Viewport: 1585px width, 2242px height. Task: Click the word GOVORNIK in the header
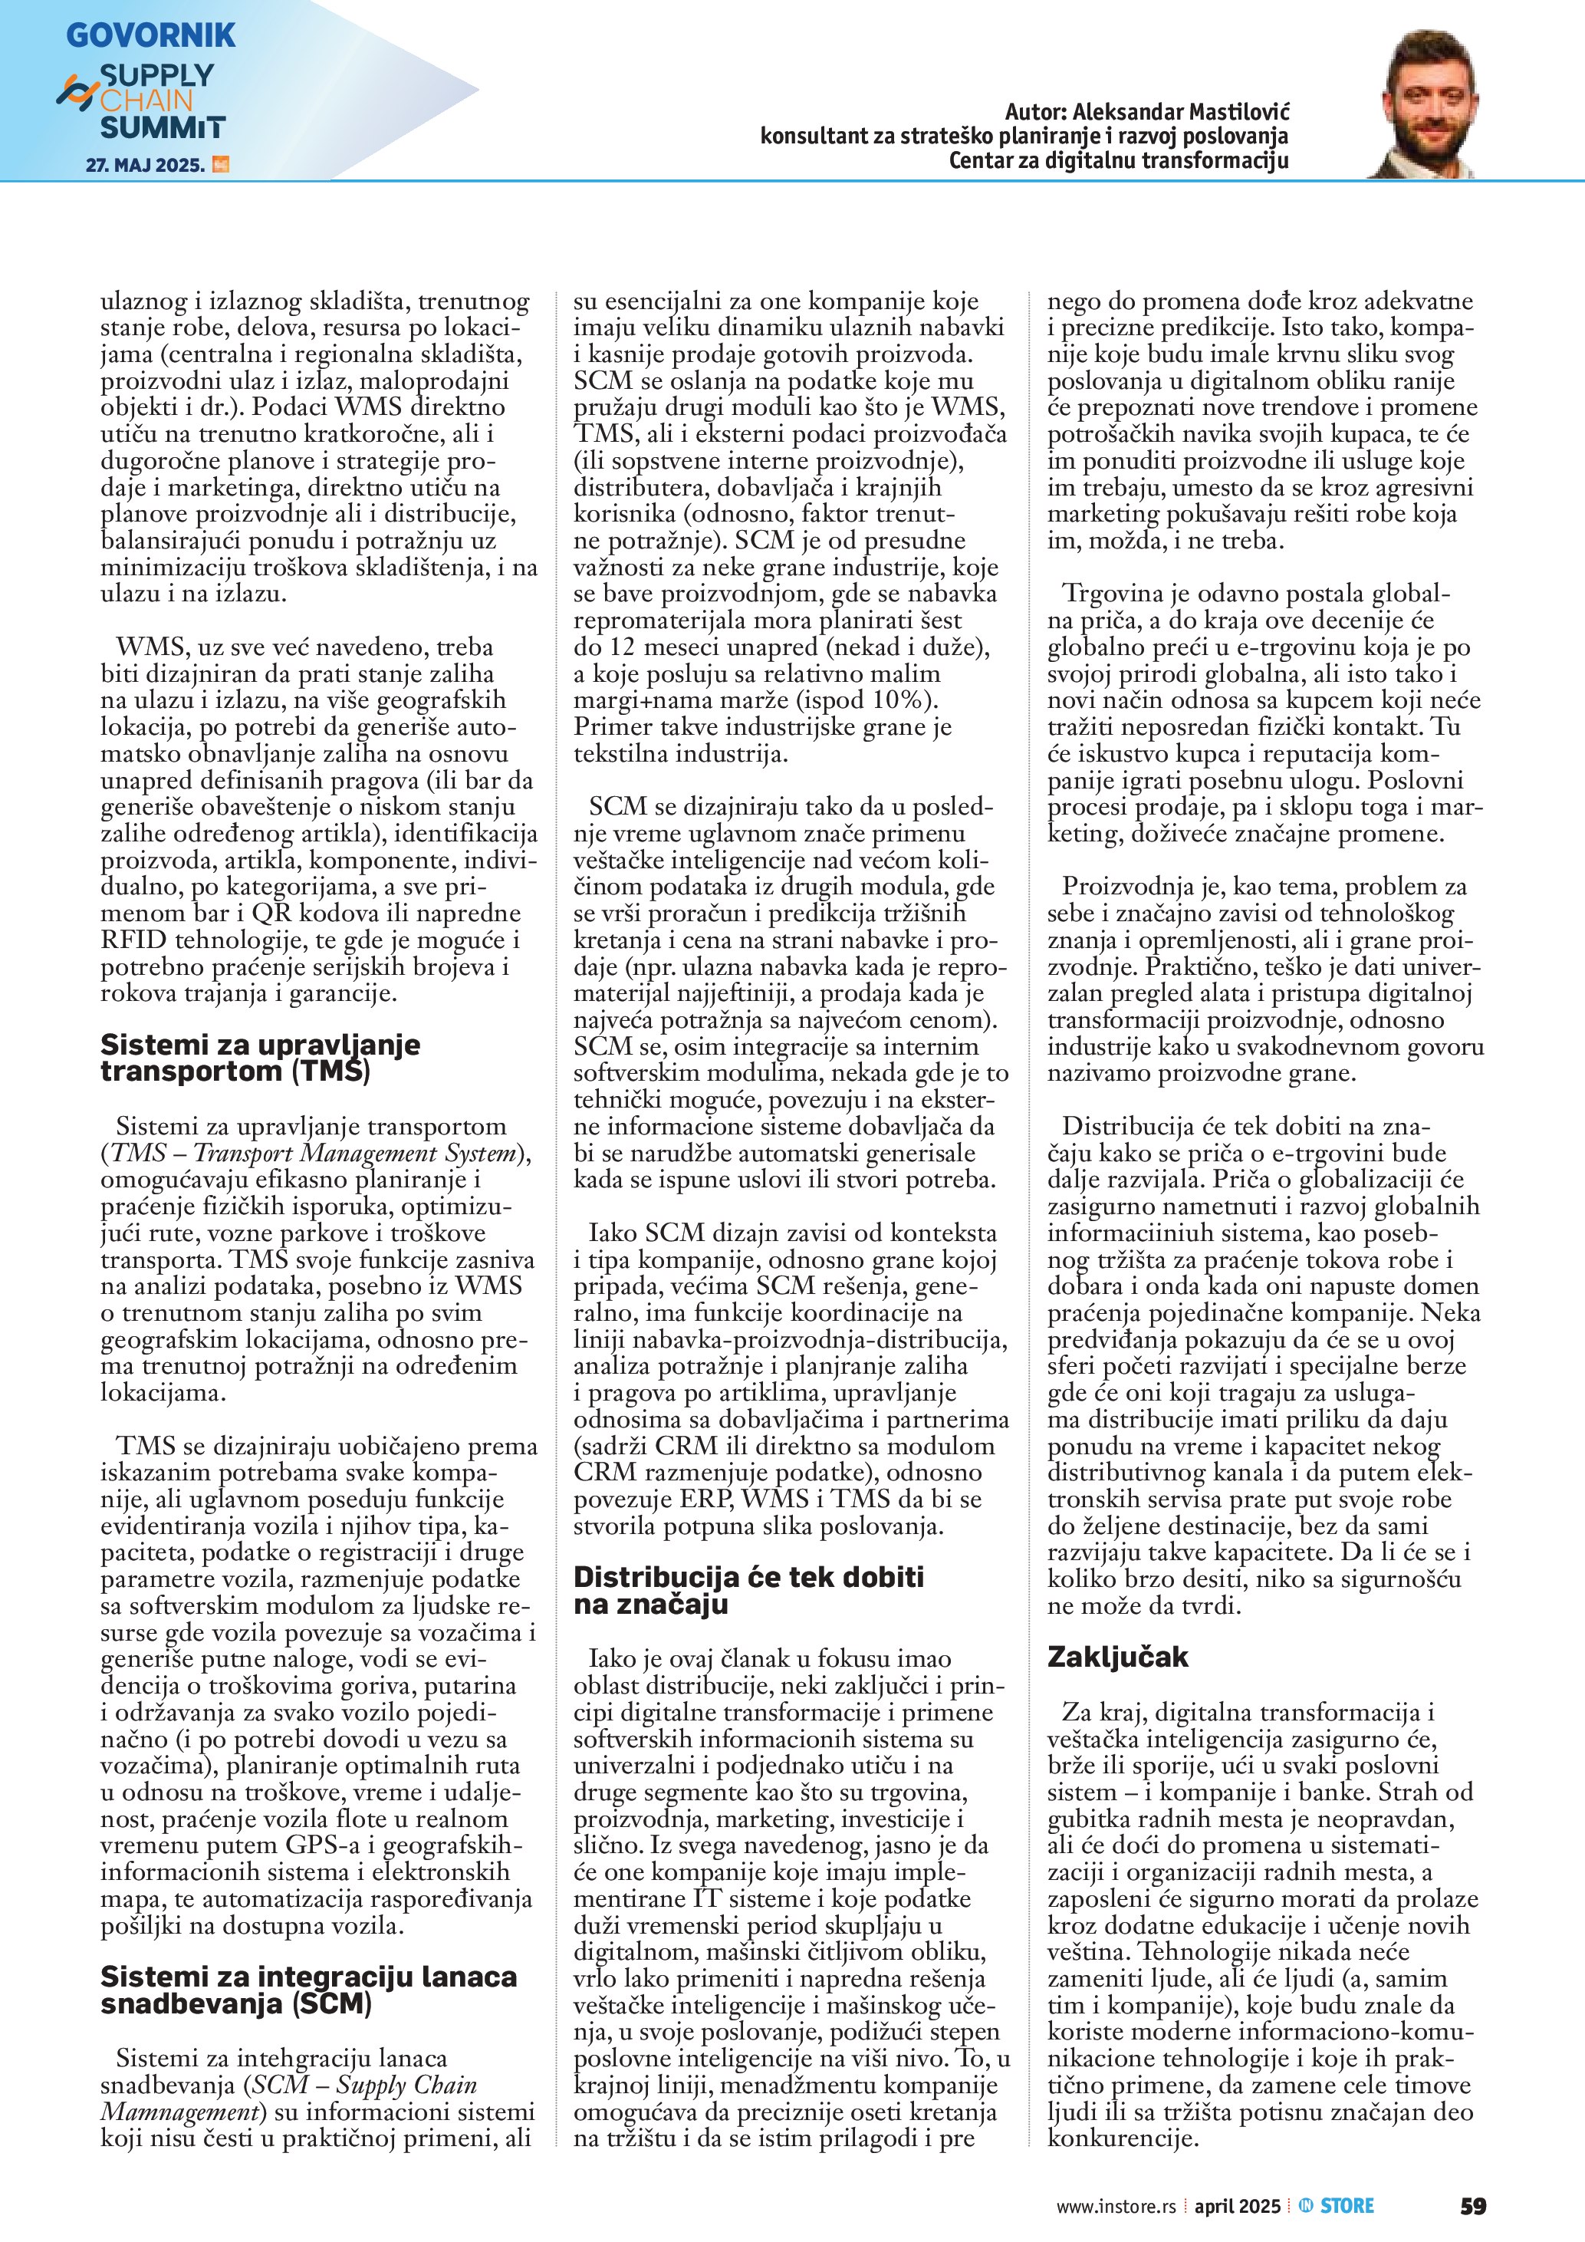[x=150, y=35]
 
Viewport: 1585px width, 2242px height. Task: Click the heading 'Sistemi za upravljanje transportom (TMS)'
[x=260, y=1058]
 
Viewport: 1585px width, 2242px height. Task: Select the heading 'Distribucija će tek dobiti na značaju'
[x=748, y=1591]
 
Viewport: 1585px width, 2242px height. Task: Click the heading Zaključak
[x=1117, y=1657]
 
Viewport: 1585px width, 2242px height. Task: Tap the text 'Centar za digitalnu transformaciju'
[x=1119, y=160]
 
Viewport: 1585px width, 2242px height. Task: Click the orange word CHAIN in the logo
[x=146, y=100]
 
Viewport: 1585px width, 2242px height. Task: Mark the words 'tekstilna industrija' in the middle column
[x=679, y=754]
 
